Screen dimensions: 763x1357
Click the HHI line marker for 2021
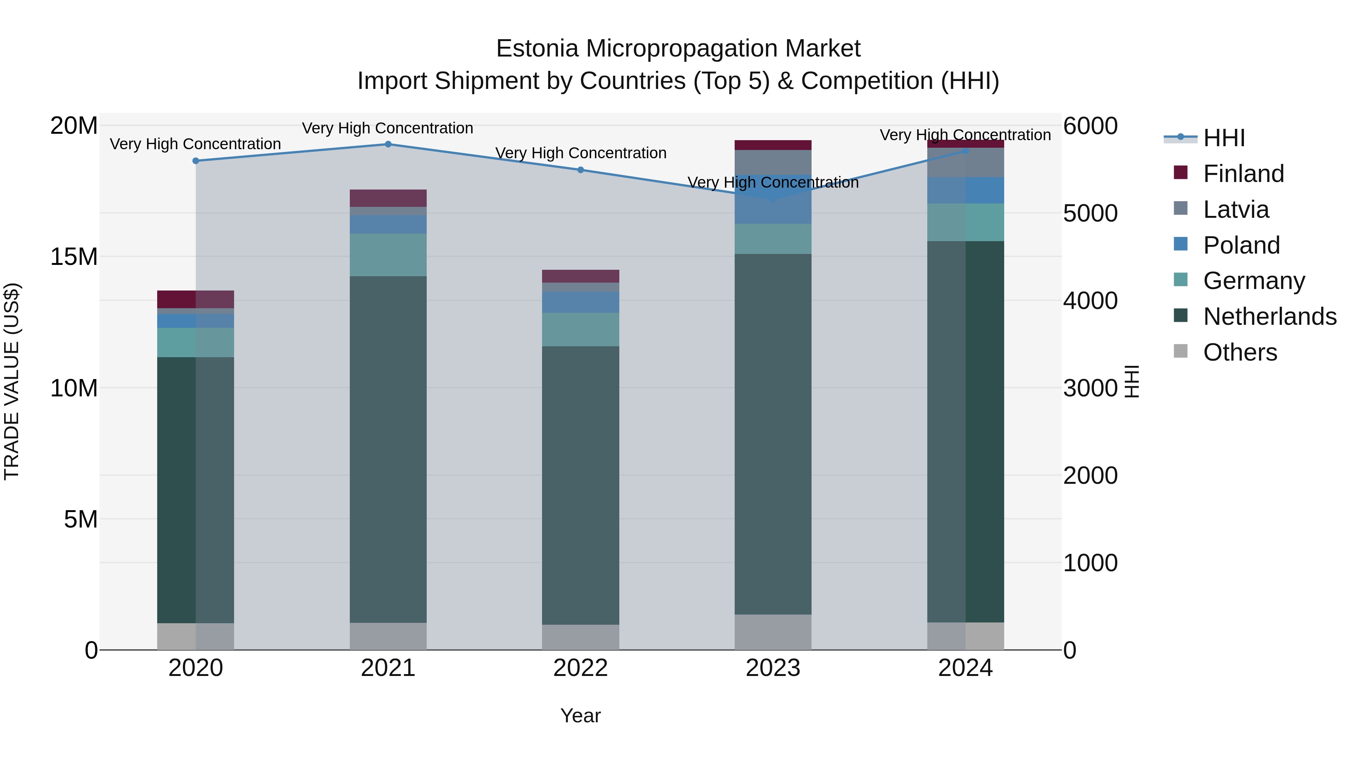tap(388, 144)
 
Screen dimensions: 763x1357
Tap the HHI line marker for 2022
tap(580, 170)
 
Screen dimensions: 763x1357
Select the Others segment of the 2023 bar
tap(773, 632)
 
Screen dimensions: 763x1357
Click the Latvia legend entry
tap(1235, 209)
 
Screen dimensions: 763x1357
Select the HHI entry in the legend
tap(1224, 138)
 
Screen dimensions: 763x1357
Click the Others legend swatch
tap(1181, 351)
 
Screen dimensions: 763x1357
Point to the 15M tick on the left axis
tap(74, 257)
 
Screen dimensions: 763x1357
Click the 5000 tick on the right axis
tap(1090, 213)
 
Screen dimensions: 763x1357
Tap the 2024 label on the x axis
tap(965, 668)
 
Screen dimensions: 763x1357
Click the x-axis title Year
tap(580, 716)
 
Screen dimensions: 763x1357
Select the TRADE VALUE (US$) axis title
tap(12, 381)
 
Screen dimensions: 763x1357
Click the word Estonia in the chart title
tap(537, 49)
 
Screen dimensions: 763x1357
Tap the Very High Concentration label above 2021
tap(388, 128)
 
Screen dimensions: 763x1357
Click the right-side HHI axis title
tap(1131, 381)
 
